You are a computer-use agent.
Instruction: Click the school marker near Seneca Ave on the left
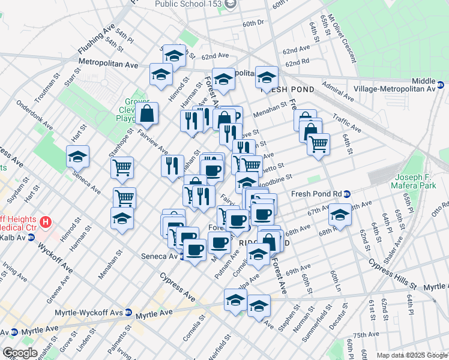(x=78, y=157)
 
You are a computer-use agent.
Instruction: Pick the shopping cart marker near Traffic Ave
(x=318, y=144)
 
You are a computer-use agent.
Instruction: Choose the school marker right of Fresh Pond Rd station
(x=340, y=217)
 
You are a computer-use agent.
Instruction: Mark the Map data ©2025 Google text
(x=411, y=355)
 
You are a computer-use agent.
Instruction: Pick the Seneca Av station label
(x=157, y=256)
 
